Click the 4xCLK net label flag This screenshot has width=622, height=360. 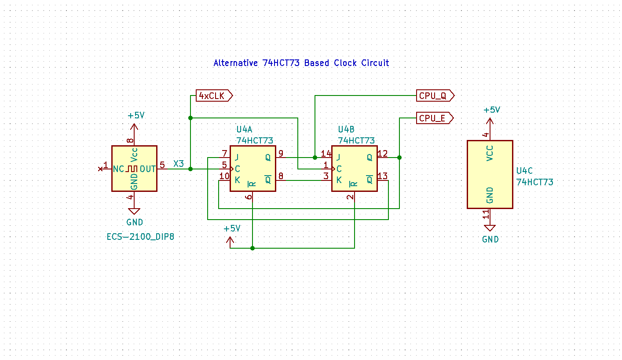pos(214,96)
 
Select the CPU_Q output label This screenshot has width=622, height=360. pos(435,96)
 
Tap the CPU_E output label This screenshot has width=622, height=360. pos(435,118)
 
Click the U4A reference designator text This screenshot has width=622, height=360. pos(244,129)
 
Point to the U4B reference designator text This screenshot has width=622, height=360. pos(346,129)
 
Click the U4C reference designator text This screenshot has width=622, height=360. pos(524,171)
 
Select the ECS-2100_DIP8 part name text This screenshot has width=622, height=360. pos(140,237)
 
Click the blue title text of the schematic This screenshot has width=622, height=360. pos(301,63)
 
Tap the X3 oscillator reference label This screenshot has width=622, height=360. pos(179,164)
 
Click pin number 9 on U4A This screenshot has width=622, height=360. pos(281,153)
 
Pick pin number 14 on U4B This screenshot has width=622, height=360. pos(326,153)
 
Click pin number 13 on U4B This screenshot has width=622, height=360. pos(382,176)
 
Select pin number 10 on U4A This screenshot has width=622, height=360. pos(224,176)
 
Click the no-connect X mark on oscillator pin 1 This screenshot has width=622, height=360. pos(100,169)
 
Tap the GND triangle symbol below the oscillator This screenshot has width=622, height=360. pos(134,211)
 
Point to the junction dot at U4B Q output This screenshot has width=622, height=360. pos(399,158)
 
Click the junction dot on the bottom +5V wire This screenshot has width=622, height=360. pos(252,248)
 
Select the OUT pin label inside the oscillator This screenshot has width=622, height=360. pos(148,169)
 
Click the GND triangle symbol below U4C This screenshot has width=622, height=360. pos(490,228)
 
